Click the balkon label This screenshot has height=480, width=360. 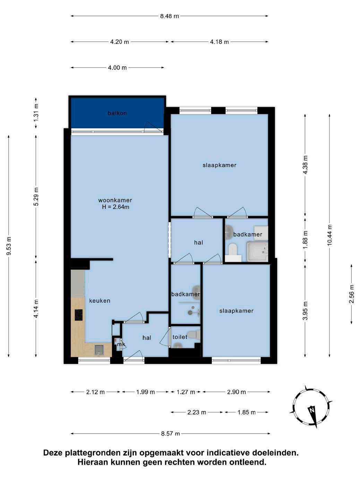tap(117, 113)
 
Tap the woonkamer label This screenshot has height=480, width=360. tap(115, 200)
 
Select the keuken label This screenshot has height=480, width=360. tap(100, 301)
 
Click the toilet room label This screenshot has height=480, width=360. tap(180, 337)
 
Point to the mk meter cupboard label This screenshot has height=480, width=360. tap(121, 344)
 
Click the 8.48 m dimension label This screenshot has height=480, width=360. tap(169, 16)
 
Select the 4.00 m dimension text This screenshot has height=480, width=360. tap(117, 68)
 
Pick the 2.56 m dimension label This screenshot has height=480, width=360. tap(351, 294)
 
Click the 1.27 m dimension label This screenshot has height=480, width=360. tap(186, 392)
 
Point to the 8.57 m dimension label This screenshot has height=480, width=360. tap(171, 434)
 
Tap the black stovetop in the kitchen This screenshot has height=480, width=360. tap(79, 315)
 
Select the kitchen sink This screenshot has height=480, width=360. tap(99, 350)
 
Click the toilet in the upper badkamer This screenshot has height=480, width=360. tap(233, 252)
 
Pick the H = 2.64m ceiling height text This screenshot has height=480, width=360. tap(115, 207)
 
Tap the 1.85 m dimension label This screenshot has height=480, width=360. tap(247, 412)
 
